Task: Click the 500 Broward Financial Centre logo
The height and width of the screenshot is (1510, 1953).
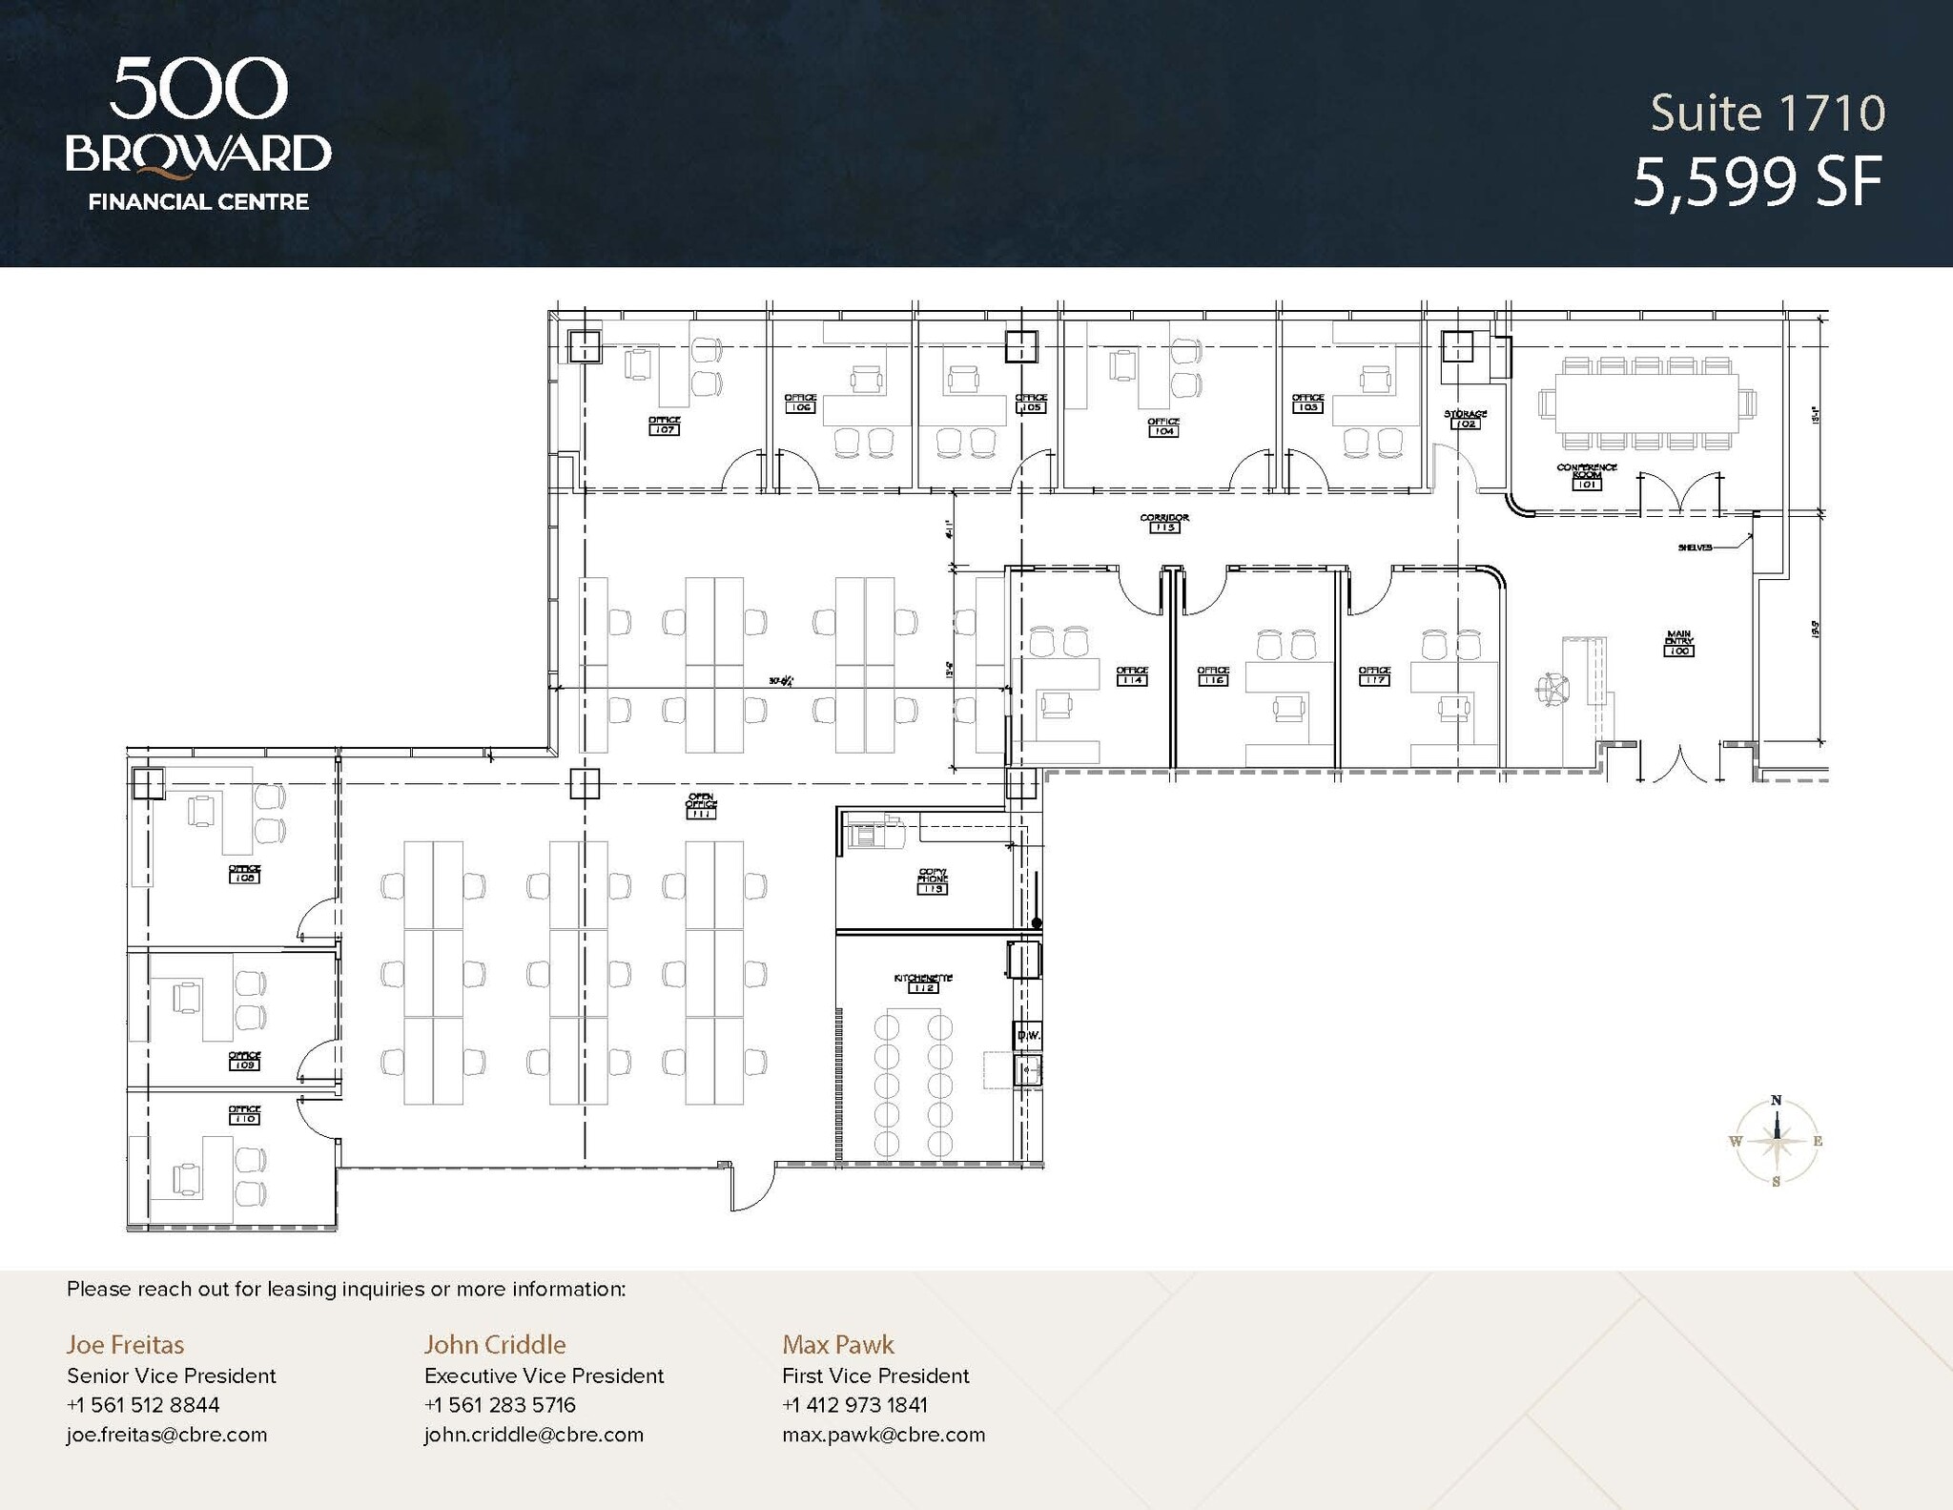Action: click(198, 134)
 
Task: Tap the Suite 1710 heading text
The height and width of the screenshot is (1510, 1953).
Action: click(1767, 114)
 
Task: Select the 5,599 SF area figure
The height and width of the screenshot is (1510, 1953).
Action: click(1758, 182)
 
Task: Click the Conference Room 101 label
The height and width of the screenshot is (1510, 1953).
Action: click(1587, 475)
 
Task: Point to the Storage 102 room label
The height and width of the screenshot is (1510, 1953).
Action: click(1466, 418)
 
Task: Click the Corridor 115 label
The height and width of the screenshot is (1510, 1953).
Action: click(1164, 522)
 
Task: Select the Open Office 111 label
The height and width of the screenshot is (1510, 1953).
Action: click(701, 805)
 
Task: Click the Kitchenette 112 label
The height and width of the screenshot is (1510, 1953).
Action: click(923, 983)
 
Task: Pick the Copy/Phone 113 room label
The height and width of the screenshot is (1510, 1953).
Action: click(932, 881)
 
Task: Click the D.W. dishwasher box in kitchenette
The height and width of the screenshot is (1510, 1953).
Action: click(1027, 1035)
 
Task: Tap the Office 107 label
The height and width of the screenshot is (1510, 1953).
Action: click(664, 424)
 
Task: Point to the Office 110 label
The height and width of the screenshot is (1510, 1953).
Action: click(244, 1113)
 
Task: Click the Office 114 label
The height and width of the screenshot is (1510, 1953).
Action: click(1132, 674)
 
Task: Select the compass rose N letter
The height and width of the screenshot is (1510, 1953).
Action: click(1776, 1100)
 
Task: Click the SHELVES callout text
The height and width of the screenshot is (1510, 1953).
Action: click(1695, 548)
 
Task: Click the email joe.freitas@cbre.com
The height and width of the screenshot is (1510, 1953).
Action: click(167, 1435)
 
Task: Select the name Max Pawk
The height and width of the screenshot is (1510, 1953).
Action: click(837, 1344)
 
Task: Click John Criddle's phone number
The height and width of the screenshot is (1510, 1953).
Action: click(500, 1404)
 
